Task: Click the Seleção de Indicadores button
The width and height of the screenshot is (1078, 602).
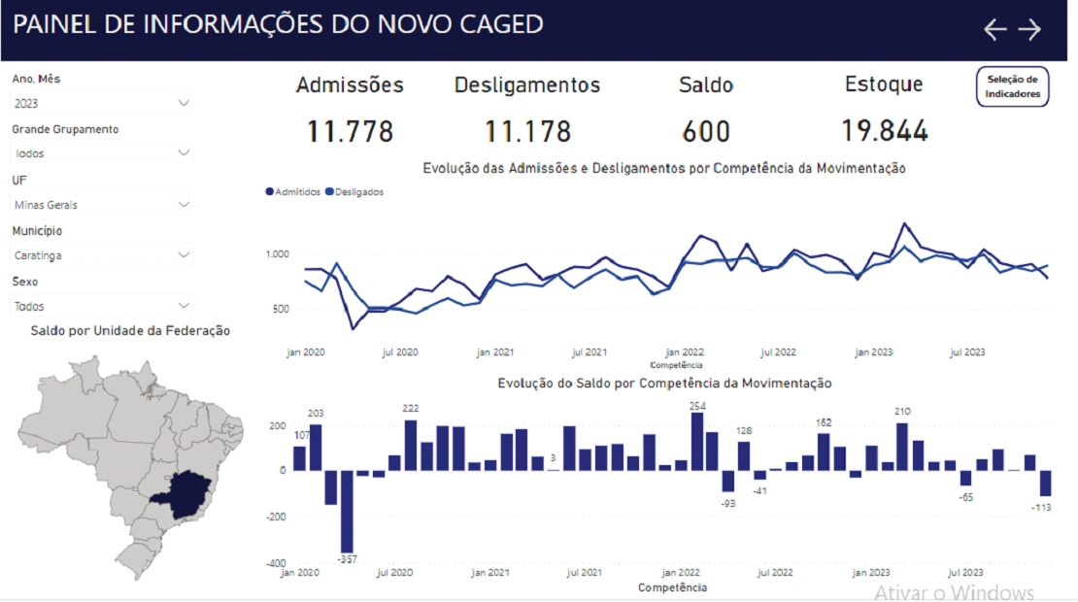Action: point(1012,86)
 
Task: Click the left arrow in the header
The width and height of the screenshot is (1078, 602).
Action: point(994,29)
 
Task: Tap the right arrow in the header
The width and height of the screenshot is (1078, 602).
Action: point(1029,29)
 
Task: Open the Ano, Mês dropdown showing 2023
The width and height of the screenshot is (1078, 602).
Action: point(102,103)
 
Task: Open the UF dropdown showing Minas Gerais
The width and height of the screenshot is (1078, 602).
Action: point(102,205)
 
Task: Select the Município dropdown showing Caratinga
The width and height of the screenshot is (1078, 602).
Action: point(102,255)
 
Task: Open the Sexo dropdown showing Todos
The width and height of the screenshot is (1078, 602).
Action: point(102,306)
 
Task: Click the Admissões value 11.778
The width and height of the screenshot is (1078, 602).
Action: point(350,131)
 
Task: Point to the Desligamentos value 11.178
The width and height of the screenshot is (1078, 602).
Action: point(527,131)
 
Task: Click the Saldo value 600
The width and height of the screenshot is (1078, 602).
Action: point(705,131)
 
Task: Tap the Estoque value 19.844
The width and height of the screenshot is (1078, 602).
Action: point(884,131)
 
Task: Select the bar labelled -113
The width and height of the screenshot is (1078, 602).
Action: point(1045,484)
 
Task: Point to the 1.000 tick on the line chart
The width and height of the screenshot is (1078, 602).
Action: point(277,254)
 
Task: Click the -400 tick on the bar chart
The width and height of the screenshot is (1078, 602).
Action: point(278,563)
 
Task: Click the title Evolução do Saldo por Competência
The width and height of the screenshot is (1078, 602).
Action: point(664,384)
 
